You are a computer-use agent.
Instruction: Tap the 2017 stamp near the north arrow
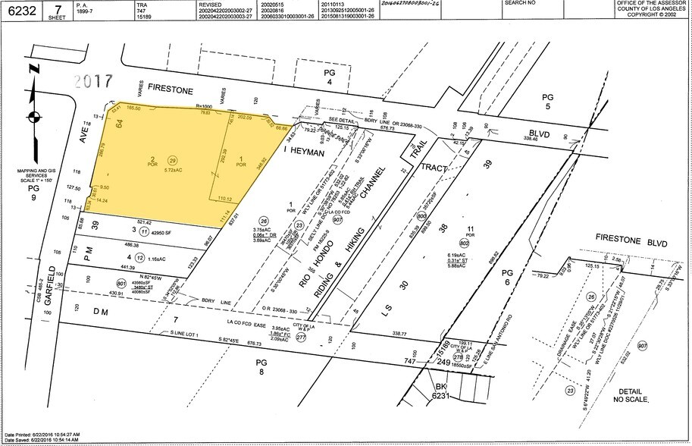89,80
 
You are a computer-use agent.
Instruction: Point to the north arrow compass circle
31,116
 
